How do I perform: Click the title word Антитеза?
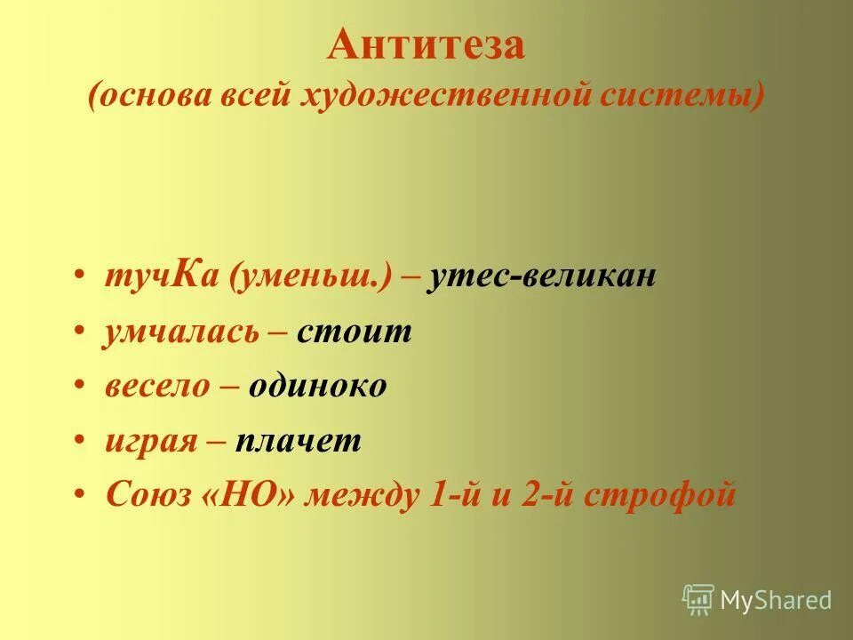[426, 44]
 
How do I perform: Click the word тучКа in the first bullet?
[163, 277]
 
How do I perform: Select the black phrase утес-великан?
[542, 277]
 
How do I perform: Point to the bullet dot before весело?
[81, 388]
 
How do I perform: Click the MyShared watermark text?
[777, 600]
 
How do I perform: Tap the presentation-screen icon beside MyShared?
[698, 599]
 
